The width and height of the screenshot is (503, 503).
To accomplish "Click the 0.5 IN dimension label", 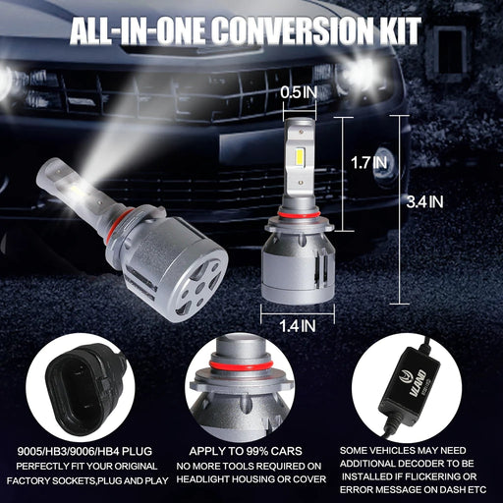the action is pyautogui.click(x=299, y=92).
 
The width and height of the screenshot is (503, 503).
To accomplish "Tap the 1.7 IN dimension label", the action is pyautogui.click(x=368, y=163).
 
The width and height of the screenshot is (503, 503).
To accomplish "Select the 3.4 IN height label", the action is pyautogui.click(x=424, y=201).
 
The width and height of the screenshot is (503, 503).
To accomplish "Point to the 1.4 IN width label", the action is pyautogui.click(x=298, y=326).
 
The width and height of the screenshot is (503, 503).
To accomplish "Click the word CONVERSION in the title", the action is pyautogui.click(x=295, y=30).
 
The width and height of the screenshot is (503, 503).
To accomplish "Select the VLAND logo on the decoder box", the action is pyautogui.click(x=415, y=383).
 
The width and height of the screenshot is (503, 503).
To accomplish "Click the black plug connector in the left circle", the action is pyautogui.click(x=82, y=390).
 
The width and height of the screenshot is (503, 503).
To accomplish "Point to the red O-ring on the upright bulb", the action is pyautogui.click(x=299, y=214).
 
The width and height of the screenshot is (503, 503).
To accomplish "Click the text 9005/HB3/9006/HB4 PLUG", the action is pyautogui.click(x=84, y=451).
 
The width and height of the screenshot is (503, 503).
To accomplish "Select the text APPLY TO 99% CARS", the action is pyautogui.click(x=246, y=451).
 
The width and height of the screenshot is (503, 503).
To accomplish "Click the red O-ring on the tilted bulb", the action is pyautogui.click(x=114, y=228).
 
